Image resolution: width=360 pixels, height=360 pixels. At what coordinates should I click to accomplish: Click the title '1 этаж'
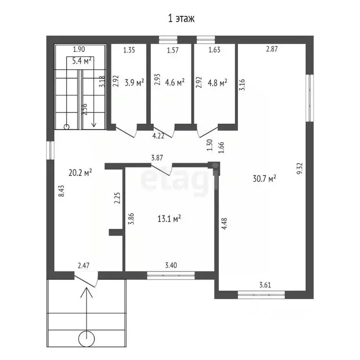(x=181, y=18)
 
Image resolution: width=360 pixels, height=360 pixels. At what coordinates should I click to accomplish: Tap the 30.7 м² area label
(x=264, y=179)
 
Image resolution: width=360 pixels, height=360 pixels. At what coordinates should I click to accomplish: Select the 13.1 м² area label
(x=169, y=218)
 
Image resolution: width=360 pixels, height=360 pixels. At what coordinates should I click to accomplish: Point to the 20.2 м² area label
(x=80, y=172)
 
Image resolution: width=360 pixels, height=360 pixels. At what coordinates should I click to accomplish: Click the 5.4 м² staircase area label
(x=82, y=61)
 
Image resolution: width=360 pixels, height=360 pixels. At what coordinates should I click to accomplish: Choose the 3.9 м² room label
(x=135, y=82)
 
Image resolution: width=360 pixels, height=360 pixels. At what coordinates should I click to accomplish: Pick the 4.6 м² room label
(x=175, y=82)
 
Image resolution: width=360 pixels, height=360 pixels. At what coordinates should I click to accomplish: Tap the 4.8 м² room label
(x=217, y=82)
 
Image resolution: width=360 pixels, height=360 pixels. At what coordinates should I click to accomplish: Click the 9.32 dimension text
(x=300, y=169)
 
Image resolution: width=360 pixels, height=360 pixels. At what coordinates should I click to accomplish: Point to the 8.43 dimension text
(x=61, y=191)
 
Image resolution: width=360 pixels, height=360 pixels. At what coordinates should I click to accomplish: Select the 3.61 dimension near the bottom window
(x=265, y=285)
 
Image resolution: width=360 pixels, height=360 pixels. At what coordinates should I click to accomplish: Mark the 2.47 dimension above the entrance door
(x=83, y=266)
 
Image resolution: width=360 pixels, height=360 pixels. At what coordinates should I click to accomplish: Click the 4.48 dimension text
(x=224, y=224)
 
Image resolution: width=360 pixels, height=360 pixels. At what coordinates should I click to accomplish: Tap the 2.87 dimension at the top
(x=272, y=49)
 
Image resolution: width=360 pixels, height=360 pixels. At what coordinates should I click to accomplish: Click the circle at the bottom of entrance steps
(x=86, y=338)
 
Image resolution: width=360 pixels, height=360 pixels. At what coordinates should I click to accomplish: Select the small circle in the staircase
(x=67, y=127)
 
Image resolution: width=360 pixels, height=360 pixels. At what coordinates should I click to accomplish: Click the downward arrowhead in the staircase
(x=94, y=125)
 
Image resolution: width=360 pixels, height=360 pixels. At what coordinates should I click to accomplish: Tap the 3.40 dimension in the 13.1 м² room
(x=171, y=265)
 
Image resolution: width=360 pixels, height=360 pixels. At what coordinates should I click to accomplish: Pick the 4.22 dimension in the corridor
(x=158, y=136)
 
